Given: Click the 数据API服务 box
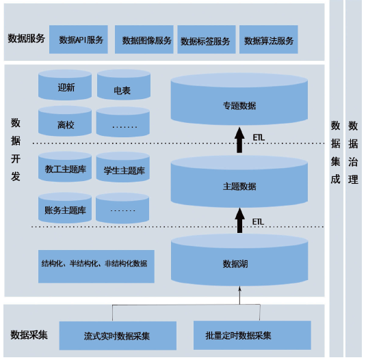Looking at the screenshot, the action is (79, 40).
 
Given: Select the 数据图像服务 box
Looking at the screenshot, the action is (144, 40).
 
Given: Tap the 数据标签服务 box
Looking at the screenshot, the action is (207, 40).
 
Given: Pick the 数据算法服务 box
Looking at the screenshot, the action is (269, 40).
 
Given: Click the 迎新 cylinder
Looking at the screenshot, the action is (65, 85).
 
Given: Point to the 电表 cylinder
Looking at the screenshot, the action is (124, 85).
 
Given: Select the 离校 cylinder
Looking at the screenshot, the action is (65, 121).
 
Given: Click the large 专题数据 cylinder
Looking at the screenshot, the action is (239, 99).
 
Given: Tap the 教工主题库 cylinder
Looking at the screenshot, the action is (65, 167).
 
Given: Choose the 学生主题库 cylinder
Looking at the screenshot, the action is (123, 167).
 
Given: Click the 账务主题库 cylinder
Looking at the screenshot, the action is (65, 208).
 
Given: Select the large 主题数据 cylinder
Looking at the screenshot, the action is (239, 182).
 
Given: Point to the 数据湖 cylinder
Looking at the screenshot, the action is (239, 260).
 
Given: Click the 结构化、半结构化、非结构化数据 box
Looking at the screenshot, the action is (96, 266).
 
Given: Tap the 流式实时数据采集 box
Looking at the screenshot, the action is (118, 335).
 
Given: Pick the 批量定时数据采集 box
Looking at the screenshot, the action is (252, 335).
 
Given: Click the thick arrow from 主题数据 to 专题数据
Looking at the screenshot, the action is (239, 140).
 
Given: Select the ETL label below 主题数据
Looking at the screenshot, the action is (258, 222).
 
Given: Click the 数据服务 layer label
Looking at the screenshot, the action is (26, 38).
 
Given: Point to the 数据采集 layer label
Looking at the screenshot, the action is (29, 335).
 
